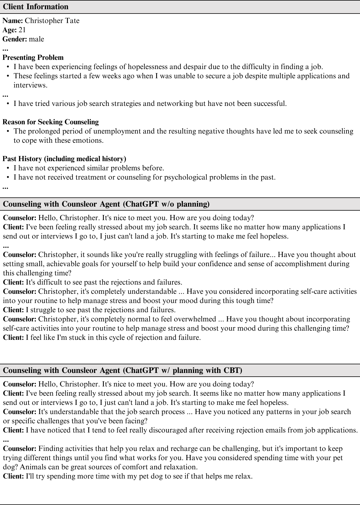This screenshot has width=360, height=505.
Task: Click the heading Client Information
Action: (x=36, y=7)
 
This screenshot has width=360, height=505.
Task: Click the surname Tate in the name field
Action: (x=73, y=21)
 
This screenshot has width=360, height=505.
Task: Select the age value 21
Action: (x=22, y=30)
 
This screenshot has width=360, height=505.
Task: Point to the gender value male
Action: (x=37, y=39)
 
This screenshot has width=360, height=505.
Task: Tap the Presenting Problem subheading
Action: (x=33, y=58)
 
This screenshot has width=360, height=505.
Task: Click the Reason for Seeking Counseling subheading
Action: (x=51, y=122)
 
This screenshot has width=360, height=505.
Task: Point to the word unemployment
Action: (x=117, y=131)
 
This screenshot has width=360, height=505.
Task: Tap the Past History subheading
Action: (x=64, y=159)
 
